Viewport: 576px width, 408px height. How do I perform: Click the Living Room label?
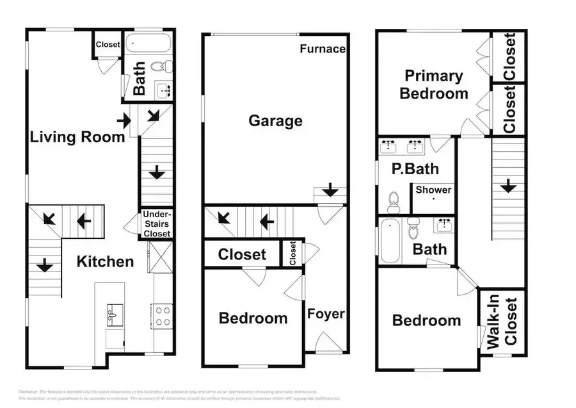[x=77, y=136]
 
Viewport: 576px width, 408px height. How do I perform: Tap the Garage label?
[x=275, y=120]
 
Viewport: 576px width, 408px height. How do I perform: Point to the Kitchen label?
[x=106, y=261]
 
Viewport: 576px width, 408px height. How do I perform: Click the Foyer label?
[x=326, y=314]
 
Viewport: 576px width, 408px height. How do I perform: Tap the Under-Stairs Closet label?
[x=157, y=224]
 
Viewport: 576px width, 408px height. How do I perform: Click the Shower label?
[x=433, y=190]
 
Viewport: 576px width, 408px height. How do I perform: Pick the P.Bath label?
[x=415, y=169]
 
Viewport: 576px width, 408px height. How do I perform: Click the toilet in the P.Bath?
[x=394, y=202]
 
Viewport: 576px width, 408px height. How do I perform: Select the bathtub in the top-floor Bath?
[x=389, y=241]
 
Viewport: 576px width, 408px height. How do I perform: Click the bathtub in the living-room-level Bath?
[x=148, y=44]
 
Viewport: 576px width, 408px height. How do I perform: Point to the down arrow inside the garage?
[x=330, y=190]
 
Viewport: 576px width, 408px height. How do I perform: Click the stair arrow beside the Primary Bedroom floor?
[x=508, y=186]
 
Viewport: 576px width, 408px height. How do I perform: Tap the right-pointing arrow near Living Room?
[x=124, y=120]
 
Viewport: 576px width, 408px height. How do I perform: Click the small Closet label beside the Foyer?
[x=292, y=252]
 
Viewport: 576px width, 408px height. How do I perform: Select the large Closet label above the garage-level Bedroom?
[x=242, y=254]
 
